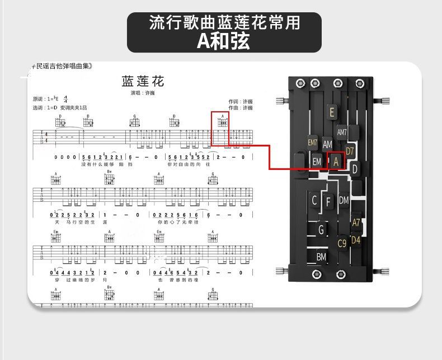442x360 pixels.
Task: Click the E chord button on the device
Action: click(x=332, y=112)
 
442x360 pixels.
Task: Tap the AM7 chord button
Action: click(x=342, y=132)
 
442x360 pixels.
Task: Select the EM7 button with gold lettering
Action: click(x=313, y=143)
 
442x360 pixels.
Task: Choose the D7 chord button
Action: click(x=350, y=151)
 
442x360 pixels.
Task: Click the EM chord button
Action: click(x=317, y=162)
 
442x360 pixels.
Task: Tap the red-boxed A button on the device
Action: click(x=336, y=161)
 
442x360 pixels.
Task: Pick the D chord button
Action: click(x=355, y=169)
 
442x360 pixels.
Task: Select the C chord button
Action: click(x=314, y=201)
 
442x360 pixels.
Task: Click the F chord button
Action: click(x=328, y=201)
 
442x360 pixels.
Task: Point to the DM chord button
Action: click(x=344, y=200)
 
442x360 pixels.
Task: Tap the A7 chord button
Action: click(x=356, y=222)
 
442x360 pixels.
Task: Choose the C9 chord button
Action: click(x=342, y=243)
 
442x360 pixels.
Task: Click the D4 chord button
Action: click(x=356, y=241)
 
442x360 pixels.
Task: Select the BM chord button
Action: click(x=321, y=257)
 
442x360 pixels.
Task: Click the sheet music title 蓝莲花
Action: click(x=143, y=82)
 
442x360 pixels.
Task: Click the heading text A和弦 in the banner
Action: click(x=223, y=41)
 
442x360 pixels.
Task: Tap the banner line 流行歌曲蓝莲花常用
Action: click(x=224, y=22)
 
